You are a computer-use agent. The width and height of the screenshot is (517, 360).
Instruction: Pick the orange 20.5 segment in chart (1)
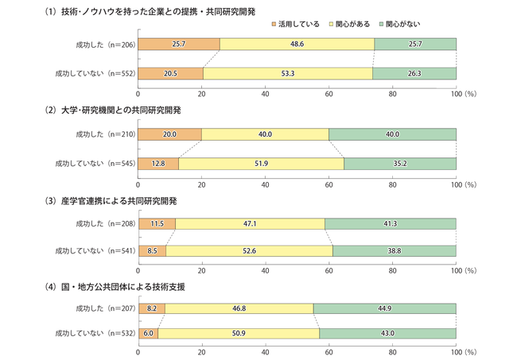pyautogui.click(x=171, y=73)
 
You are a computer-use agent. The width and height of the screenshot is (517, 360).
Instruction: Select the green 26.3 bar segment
pyautogui.click(x=414, y=73)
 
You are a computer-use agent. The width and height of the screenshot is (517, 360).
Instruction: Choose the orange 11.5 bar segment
pyautogui.click(x=157, y=224)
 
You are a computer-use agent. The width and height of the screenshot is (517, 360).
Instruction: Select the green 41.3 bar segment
pyautogui.click(x=391, y=224)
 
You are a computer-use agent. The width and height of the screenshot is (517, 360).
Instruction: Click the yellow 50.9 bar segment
pyautogui.click(x=239, y=332)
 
